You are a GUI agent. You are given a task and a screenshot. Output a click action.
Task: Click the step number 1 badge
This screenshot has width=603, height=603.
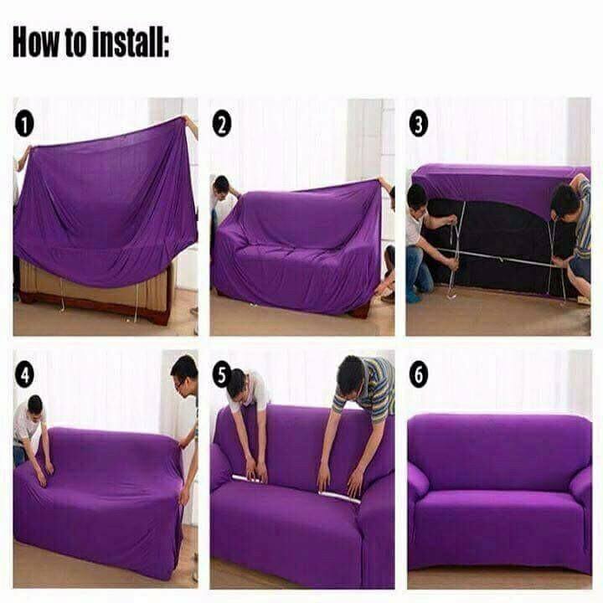coord(24,125)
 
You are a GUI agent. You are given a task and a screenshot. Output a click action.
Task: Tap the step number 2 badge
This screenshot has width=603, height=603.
coord(222,123)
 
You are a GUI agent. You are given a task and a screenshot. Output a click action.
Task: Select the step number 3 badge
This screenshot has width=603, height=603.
coord(419,123)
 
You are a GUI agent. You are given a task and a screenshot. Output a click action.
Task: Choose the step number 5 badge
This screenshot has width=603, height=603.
coord(222,375)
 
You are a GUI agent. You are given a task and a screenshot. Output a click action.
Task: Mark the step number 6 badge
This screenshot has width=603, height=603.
coord(419,374)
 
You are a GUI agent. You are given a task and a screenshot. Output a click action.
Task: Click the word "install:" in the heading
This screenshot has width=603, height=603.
coord(131,42)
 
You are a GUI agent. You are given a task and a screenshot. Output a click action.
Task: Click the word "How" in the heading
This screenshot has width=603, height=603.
coord(36,42)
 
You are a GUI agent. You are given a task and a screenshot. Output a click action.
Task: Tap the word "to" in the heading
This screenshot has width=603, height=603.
coord(75,43)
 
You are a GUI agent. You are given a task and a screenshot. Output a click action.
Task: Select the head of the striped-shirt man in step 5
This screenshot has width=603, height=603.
coord(351,374)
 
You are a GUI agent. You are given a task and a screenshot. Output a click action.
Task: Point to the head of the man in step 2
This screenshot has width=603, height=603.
coord(221,187)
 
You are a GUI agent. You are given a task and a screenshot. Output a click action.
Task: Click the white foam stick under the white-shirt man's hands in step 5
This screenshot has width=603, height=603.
coord(250,480)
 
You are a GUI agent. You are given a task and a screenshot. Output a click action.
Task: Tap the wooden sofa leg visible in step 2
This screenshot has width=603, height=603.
coord(360,311)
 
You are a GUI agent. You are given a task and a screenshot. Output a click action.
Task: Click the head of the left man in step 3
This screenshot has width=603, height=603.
coord(417,198)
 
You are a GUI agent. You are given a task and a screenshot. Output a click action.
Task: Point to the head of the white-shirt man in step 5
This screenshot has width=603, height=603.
coord(236,384)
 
